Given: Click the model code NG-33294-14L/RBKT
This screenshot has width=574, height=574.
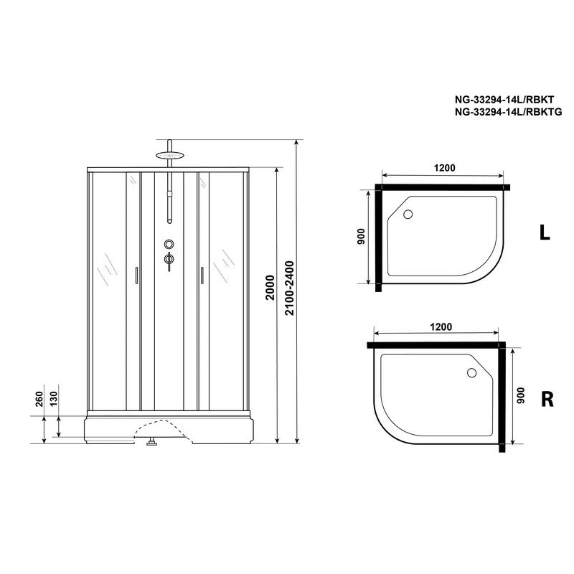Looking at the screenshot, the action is [x=504, y=100].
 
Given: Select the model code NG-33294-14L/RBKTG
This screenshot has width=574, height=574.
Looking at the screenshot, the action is [x=508, y=112].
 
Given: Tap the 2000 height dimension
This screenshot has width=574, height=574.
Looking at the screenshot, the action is [x=270, y=288].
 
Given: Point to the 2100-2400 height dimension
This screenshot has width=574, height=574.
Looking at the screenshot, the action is [x=289, y=288].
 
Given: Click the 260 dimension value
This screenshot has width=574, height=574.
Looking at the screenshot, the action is [x=39, y=399].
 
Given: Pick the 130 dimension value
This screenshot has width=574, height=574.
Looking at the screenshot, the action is [x=53, y=399].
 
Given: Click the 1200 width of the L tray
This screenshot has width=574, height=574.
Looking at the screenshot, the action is [x=444, y=168].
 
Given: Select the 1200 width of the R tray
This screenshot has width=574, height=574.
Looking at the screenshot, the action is [x=441, y=326].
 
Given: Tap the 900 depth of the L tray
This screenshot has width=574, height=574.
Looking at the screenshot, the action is [x=361, y=236].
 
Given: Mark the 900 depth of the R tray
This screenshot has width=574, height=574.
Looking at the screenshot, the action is [x=521, y=395].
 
